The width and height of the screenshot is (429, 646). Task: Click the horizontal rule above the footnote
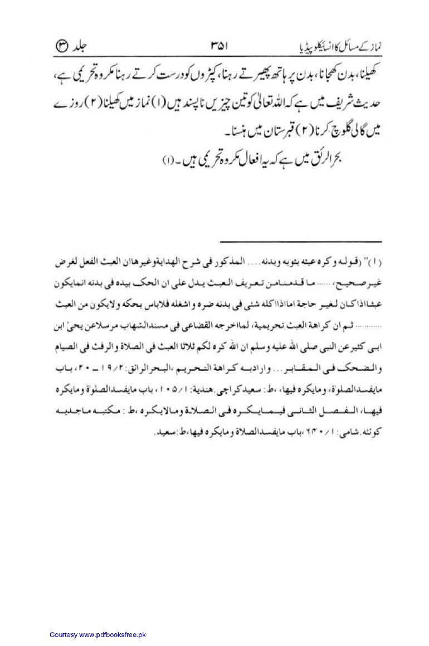tap(301, 242)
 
